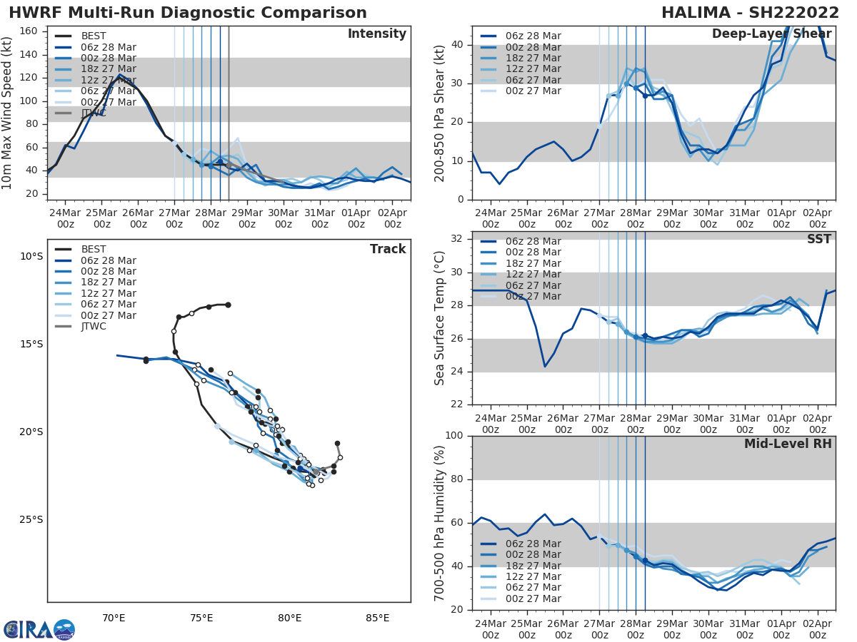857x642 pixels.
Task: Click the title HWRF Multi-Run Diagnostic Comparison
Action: [x=188, y=13]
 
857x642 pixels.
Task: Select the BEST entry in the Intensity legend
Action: [x=94, y=36]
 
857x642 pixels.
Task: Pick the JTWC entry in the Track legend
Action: [x=94, y=327]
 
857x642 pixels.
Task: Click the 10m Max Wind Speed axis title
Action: [x=9, y=113]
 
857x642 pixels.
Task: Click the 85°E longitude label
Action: [x=377, y=618]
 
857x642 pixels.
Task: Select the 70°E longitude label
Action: [x=114, y=618]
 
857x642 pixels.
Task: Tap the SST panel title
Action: [x=819, y=240]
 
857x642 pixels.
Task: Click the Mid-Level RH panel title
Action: [x=788, y=444]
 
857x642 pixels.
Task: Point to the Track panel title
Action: [x=387, y=249]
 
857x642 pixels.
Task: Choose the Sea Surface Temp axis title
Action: [x=440, y=319]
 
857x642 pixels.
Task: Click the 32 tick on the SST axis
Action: [x=459, y=239]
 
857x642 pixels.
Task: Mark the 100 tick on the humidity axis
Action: [x=456, y=436]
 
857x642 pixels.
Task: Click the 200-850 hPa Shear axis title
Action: [x=440, y=113]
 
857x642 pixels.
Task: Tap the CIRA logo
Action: [x=39, y=629]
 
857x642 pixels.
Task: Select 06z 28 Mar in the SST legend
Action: [x=532, y=242]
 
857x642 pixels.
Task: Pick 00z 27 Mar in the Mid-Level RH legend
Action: [x=532, y=599]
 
